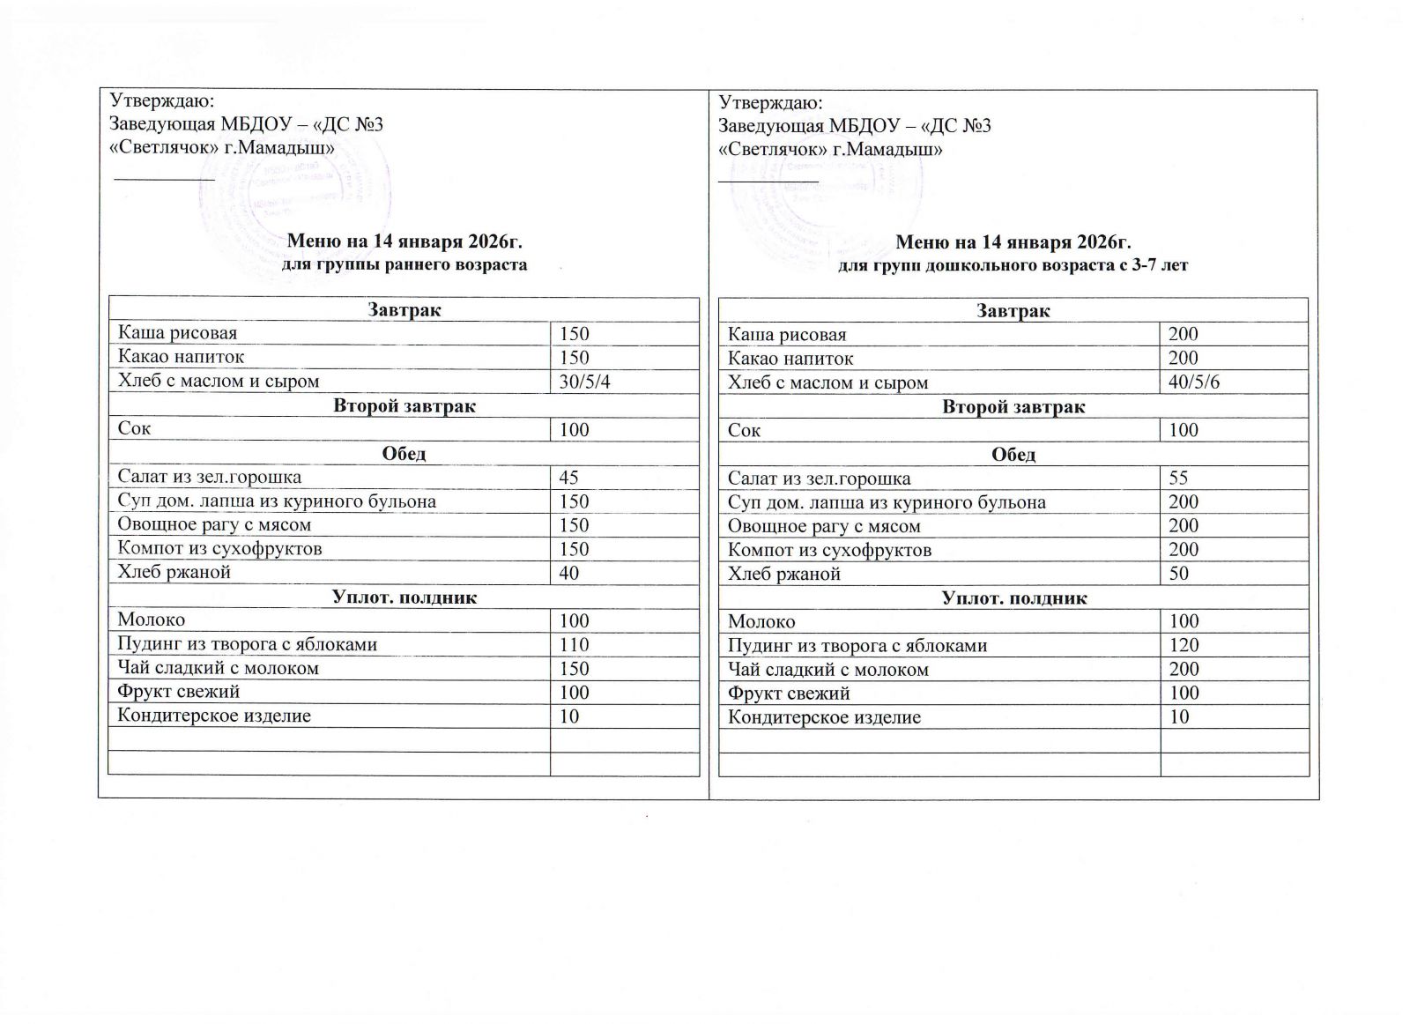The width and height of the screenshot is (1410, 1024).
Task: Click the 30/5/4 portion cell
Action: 585,382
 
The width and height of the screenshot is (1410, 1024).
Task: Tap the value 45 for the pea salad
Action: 568,477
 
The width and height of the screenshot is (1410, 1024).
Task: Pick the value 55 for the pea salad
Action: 1178,478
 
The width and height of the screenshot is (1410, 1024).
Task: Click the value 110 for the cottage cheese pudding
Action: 574,644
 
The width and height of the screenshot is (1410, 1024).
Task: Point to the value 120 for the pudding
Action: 1184,645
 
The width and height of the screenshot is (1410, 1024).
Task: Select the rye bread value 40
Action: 569,573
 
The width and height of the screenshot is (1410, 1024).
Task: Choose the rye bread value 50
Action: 1178,574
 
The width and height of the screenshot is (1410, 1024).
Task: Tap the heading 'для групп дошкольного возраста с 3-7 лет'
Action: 1013,265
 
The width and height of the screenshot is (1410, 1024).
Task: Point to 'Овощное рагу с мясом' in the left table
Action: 215,525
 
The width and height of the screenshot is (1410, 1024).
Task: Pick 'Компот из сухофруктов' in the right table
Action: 829,550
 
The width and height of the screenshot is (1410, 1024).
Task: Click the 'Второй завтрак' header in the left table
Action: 404,406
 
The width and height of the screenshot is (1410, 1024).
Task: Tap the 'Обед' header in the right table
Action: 1013,455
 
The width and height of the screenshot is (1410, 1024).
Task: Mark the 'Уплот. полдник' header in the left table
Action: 404,597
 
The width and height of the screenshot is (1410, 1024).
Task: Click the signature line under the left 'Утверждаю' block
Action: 166,178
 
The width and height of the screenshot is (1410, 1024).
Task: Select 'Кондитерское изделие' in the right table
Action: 824,717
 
